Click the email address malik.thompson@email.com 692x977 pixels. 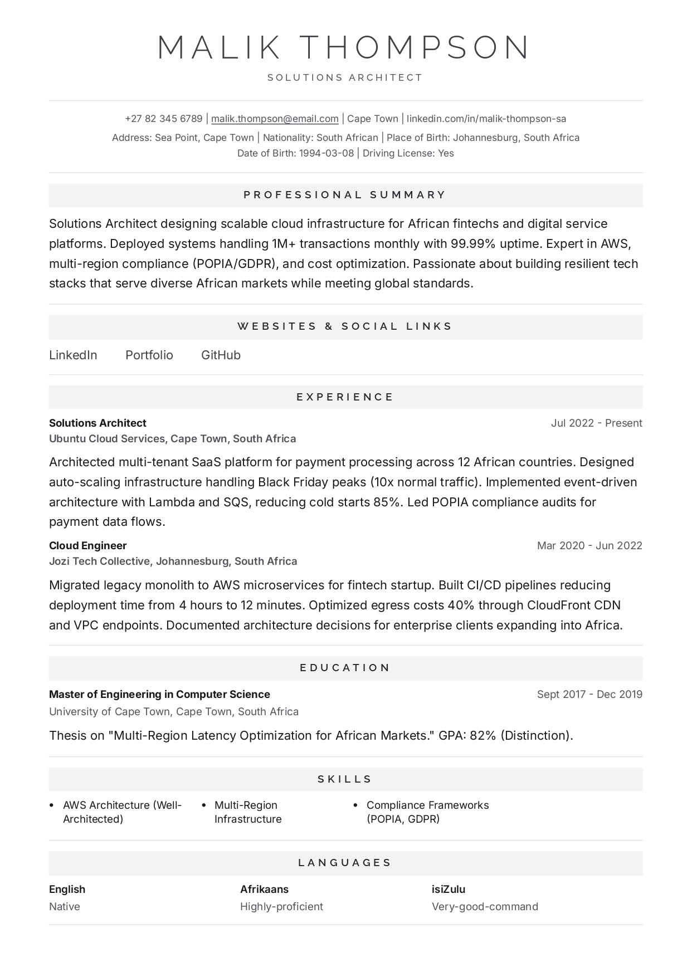275,119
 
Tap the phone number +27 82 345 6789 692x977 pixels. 164,119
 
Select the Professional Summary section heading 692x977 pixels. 345,195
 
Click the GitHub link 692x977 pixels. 221,355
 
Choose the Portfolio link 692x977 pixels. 149,355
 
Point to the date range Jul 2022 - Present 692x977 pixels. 596,423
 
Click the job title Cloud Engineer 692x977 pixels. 88,546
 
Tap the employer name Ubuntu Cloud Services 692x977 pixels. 107,439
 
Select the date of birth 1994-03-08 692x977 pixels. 326,154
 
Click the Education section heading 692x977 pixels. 345,668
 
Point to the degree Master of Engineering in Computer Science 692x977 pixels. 159,695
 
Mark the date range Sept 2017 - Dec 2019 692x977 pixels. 589,695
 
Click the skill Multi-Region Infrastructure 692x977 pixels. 248,812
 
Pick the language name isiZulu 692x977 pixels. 449,890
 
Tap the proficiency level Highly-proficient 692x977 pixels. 281,907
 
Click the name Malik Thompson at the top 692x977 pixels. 345,47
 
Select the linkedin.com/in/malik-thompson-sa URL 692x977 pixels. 486,119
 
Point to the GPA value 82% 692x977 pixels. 483,736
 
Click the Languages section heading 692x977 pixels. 345,863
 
